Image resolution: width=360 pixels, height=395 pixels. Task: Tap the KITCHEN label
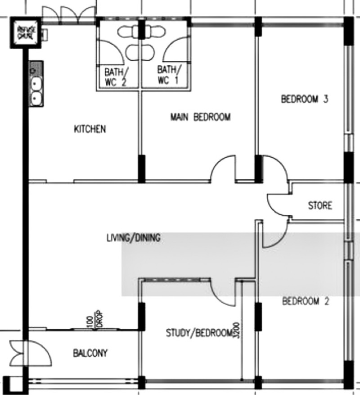(x=90, y=130)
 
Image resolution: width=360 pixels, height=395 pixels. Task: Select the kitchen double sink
(x=36, y=90)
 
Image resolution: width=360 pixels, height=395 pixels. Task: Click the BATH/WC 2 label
(x=116, y=76)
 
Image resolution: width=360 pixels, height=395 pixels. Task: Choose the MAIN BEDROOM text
(x=200, y=118)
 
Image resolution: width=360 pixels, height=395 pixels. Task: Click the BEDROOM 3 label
(x=305, y=99)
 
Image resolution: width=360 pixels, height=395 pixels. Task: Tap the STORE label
(x=320, y=206)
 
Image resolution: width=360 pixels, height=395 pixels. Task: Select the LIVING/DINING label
(x=133, y=238)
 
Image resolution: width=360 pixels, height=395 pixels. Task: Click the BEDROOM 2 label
(x=306, y=301)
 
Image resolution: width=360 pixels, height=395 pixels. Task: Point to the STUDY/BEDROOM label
(x=198, y=333)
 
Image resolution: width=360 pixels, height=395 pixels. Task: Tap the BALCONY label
(x=90, y=353)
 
